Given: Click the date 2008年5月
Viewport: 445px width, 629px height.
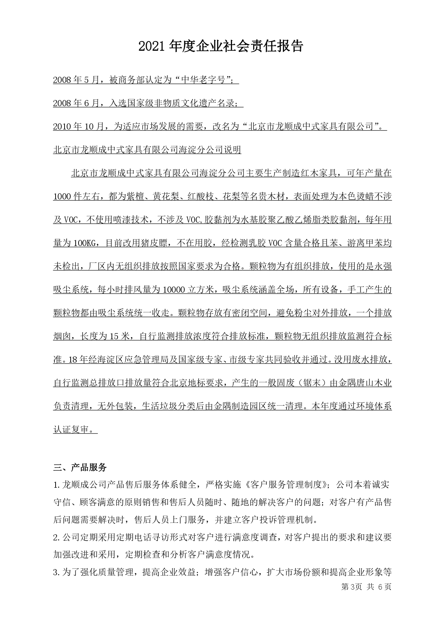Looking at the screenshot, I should point(76,80).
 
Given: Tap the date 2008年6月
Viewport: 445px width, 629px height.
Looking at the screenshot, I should point(76,103).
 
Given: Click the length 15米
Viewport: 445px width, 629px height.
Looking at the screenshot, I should point(119,336).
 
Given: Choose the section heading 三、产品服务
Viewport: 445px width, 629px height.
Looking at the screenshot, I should point(80,467).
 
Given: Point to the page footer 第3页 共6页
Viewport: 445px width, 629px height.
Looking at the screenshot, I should point(366,586).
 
